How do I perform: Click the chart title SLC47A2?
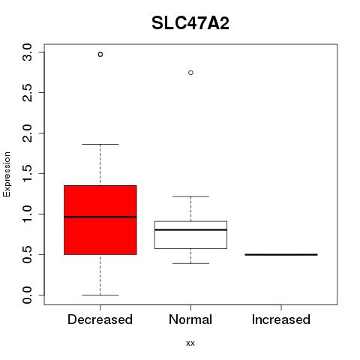pyautogui.click(x=190, y=23)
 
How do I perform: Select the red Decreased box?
pyautogui.click(x=100, y=220)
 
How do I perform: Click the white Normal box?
pyautogui.click(x=190, y=235)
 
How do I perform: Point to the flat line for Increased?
pyautogui.click(x=281, y=254)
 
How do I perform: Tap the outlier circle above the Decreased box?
pyautogui.click(x=100, y=54)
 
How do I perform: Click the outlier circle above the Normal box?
pyautogui.click(x=190, y=73)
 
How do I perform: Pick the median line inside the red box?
pyautogui.click(x=100, y=217)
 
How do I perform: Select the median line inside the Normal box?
pyautogui.click(x=190, y=229)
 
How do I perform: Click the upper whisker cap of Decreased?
pyautogui.click(x=100, y=144)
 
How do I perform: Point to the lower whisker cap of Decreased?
pyautogui.click(x=100, y=295)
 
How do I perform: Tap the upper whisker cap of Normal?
pyautogui.click(x=190, y=196)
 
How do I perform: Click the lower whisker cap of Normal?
pyautogui.click(x=190, y=263)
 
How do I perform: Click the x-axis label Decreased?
pyautogui.click(x=100, y=319)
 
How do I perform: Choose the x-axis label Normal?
pyautogui.click(x=190, y=319)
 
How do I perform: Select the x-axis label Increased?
pyautogui.click(x=281, y=319)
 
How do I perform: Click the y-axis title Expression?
pyautogui.click(x=7, y=174)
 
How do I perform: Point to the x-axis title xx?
pyautogui.click(x=190, y=343)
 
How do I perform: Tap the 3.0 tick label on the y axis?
pyautogui.click(x=27, y=52)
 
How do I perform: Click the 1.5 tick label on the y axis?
pyautogui.click(x=27, y=174)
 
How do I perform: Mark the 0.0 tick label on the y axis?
pyautogui.click(x=27, y=295)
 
